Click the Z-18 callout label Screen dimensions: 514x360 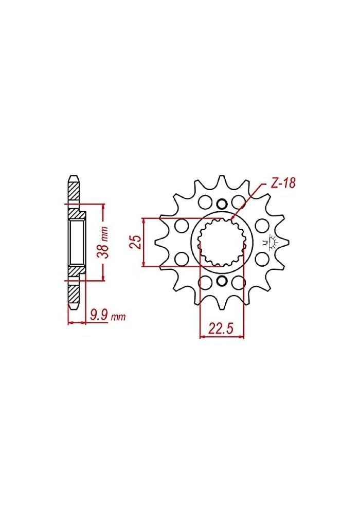click(x=280, y=183)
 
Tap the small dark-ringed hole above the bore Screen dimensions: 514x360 click(x=222, y=203)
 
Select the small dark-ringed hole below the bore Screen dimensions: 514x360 click(x=222, y=281)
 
